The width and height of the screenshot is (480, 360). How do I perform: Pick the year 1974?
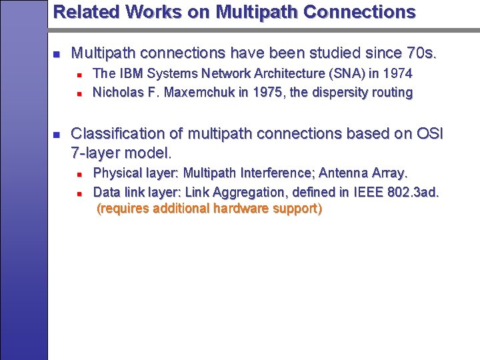pyautogui.click(x=397, y=73)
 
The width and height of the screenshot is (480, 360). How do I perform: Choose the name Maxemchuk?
pyautogui.click(x=191, y=92)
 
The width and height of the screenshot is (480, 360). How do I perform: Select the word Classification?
pyautogui.click(x=116, y=133)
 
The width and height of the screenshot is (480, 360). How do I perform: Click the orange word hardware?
pyautogui.click(x=239, y=209)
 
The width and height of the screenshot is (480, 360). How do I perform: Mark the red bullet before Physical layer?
pyautogui.click(x=79, y=174)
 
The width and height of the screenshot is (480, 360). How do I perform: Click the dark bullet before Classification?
pyautogui.click(x=57, y=134)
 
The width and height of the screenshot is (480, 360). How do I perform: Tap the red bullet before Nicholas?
pyautogui.click(x=79, y=93)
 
